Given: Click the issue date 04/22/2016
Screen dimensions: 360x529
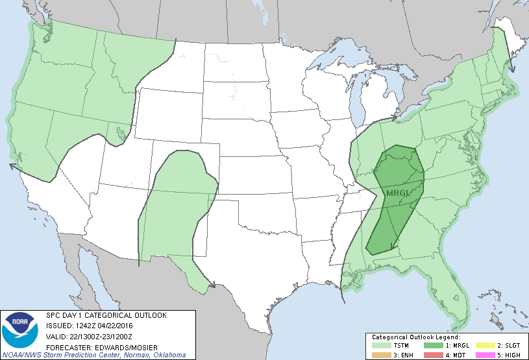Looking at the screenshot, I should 115,326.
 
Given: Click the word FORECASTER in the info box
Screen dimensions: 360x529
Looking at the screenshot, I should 64,346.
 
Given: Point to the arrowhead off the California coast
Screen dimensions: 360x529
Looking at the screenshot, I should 12,166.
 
